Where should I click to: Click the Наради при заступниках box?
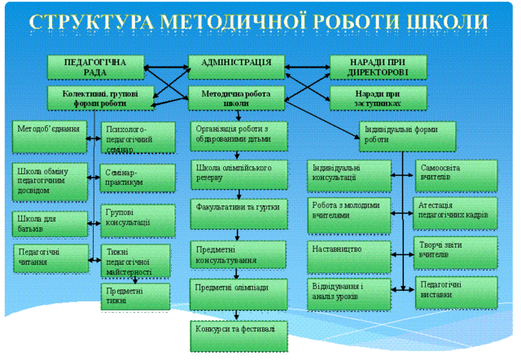[x=378, y=99]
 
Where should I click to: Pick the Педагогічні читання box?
[x=49, y=257]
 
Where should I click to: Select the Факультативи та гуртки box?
[x=238, y=209]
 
